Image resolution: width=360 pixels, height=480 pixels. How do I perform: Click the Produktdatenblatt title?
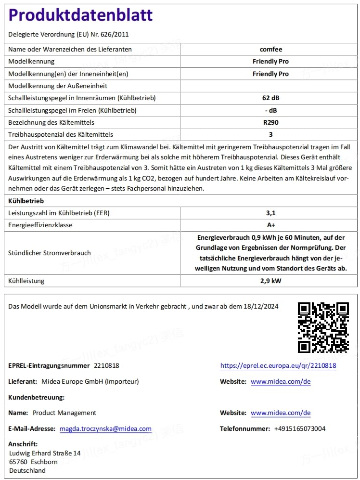81,15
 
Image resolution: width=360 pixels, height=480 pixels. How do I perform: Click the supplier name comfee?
270,49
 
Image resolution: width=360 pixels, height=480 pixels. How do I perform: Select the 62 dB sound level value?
270,98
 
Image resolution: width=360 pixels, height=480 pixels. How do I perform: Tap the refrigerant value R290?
270,122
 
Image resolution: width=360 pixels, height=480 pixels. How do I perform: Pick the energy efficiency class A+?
270,225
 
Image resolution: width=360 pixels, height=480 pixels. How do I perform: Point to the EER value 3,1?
270,212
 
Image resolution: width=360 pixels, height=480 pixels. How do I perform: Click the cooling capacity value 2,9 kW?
270,281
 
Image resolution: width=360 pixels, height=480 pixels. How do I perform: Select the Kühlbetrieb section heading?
26,200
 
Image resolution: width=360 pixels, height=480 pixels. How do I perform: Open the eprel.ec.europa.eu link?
278,366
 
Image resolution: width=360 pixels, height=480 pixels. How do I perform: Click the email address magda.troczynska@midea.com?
105,428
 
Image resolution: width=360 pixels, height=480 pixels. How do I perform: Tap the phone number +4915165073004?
299,428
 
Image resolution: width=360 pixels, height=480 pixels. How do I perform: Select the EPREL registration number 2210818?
106,366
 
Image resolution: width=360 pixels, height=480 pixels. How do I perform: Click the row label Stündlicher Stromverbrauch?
50,253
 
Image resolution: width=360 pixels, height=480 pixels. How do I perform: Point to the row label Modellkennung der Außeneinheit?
58,86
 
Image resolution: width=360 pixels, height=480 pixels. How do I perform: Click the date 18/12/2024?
261,307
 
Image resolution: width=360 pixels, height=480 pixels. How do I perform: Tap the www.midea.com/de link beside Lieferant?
281,381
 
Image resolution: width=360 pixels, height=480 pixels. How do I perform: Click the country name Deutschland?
27,470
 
